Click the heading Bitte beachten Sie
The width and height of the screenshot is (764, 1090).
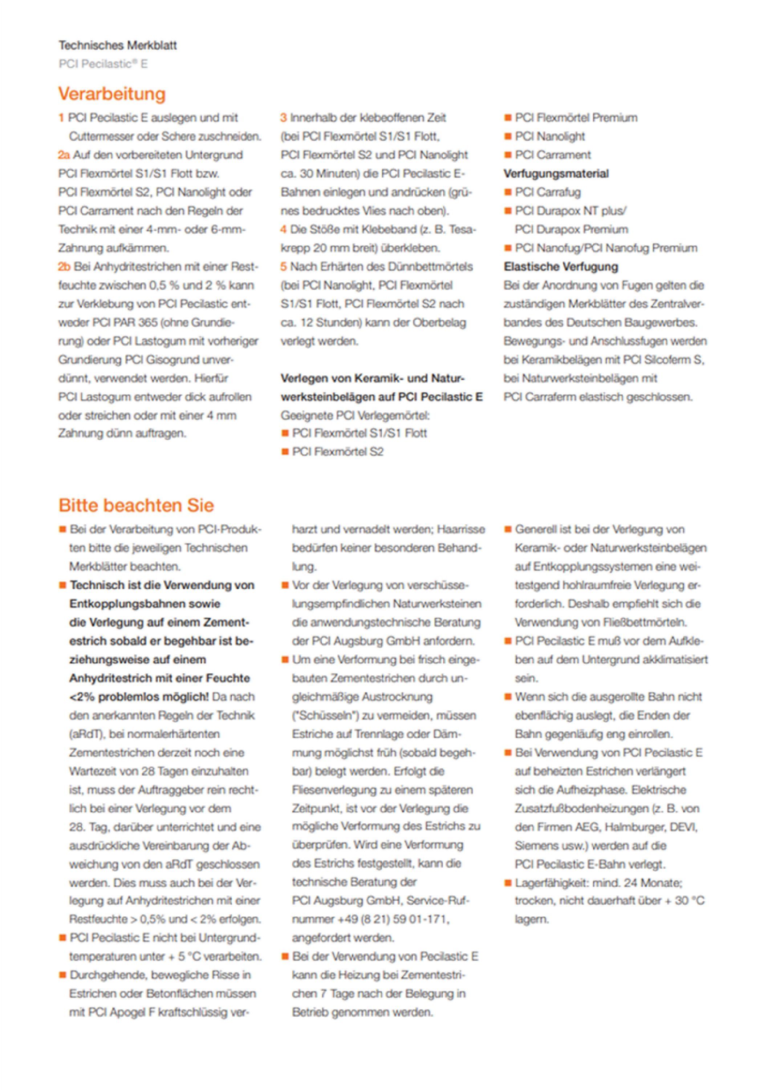(x=136, y=505)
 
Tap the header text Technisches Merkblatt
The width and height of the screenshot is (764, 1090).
(x=118, y=45)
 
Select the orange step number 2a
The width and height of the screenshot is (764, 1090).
(x=64, y=155)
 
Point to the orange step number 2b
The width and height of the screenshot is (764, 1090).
(x=64, y=267)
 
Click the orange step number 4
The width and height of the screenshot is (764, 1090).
(x=283, y=230)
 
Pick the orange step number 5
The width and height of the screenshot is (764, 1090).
(x=283, y=267)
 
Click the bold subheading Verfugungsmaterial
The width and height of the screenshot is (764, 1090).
(x=556, y=174)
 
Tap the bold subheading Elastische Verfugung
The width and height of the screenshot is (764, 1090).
(x=560, y=267)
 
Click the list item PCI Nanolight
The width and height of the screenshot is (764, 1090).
(x=549, y=137)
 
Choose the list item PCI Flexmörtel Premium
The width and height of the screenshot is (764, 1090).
(x=576, y=118)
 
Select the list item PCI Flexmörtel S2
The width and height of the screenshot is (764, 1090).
(x=337, y=452)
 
